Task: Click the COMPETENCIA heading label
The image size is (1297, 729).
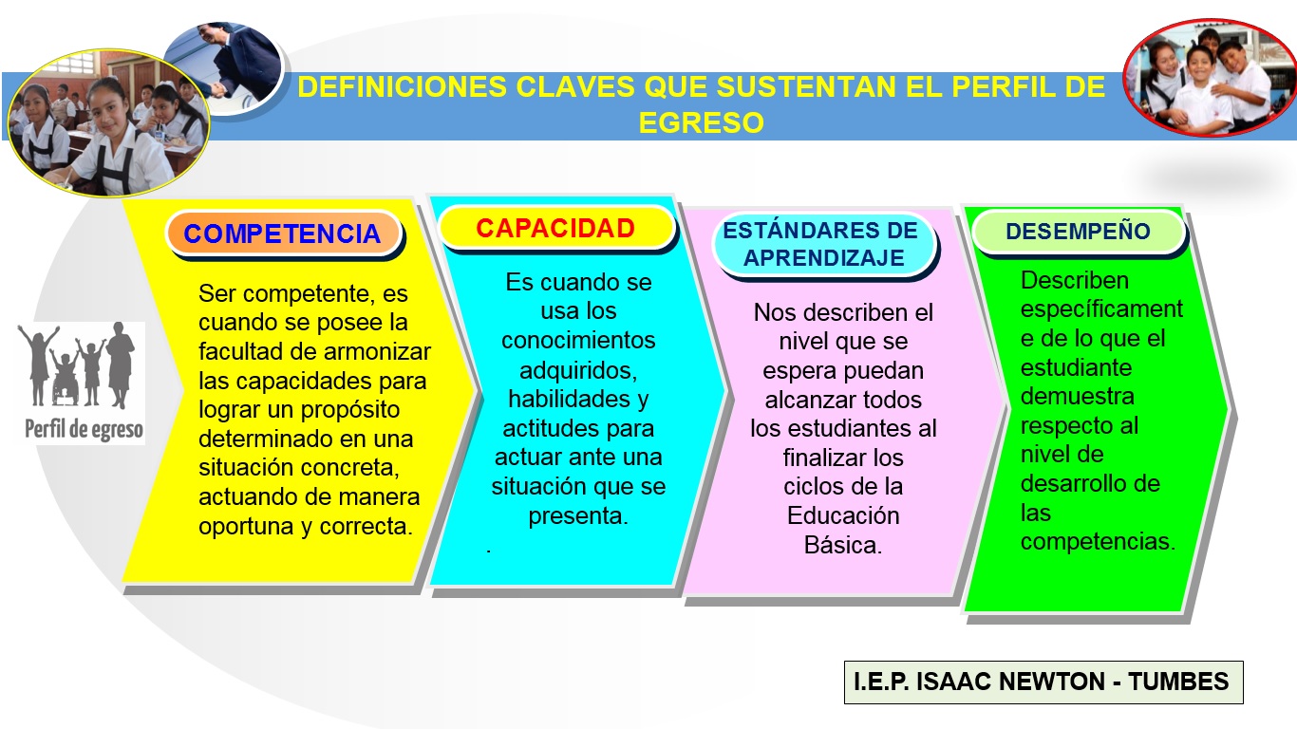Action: tap(282, 234)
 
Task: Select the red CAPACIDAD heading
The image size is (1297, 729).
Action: tap(555, 229)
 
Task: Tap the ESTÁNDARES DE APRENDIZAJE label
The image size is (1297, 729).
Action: tap(821, 245)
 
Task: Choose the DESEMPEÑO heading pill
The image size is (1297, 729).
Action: tap(1078, 232)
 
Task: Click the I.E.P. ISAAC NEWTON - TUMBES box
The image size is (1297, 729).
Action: tap(1043, 682)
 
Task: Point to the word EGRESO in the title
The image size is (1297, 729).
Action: tap(701, 123)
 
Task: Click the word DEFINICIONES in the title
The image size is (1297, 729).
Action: tap(403, 87)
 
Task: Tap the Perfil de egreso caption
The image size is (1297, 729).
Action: tap(84, 430)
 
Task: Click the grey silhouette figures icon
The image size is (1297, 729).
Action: tap(81, 365)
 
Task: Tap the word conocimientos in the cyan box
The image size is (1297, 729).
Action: tap(578, 340)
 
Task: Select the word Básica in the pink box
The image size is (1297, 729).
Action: tap(843, 546)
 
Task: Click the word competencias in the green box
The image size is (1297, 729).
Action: tap(1097, 541)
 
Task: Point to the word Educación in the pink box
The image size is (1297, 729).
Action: tap(843, 516)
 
